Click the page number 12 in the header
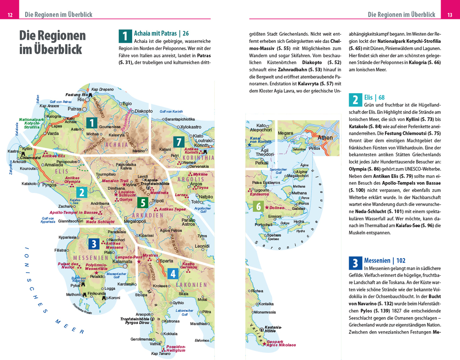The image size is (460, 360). coord(10,15)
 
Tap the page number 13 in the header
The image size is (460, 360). coord(450,15)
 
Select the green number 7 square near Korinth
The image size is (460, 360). coord(179,142)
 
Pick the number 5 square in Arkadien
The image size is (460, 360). coord(142,203)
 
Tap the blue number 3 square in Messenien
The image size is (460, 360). coord(94,244)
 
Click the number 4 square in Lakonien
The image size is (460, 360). coord(173,273)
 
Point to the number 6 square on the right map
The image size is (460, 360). coord(258,206)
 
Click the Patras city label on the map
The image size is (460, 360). coord(74,109)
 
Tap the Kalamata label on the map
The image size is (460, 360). coord(122,261)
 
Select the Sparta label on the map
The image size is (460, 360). coord(167,261)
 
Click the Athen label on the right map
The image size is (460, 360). coord(325,138)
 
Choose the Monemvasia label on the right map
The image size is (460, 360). coord(268,312)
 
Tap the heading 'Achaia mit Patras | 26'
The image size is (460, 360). coord(161,33)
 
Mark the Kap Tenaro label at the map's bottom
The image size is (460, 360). coord(161,354)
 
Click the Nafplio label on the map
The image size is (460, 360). coord(206,197)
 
